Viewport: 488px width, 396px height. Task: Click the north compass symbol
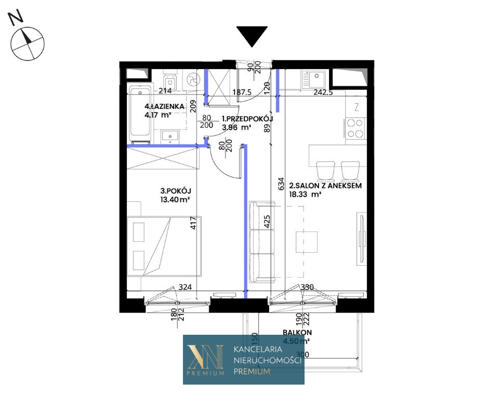[28, 43]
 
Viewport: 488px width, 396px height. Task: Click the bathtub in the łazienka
[140, 115]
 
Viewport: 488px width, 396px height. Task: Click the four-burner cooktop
[355, 128]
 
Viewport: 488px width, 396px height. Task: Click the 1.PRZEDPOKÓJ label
[247, 119]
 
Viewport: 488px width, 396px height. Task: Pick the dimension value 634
[281, 183]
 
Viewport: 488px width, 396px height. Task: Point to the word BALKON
[297, 332]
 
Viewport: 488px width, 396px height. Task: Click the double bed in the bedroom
[164, 246]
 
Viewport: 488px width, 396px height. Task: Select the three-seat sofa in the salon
[262, 242]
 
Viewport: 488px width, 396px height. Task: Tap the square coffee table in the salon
[307, 242]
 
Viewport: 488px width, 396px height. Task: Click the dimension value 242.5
[323, 92]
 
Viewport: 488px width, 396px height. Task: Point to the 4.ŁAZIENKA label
[164, 106]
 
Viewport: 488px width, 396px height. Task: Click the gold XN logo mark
[205, 357]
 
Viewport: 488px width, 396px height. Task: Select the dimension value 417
[193, 223]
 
